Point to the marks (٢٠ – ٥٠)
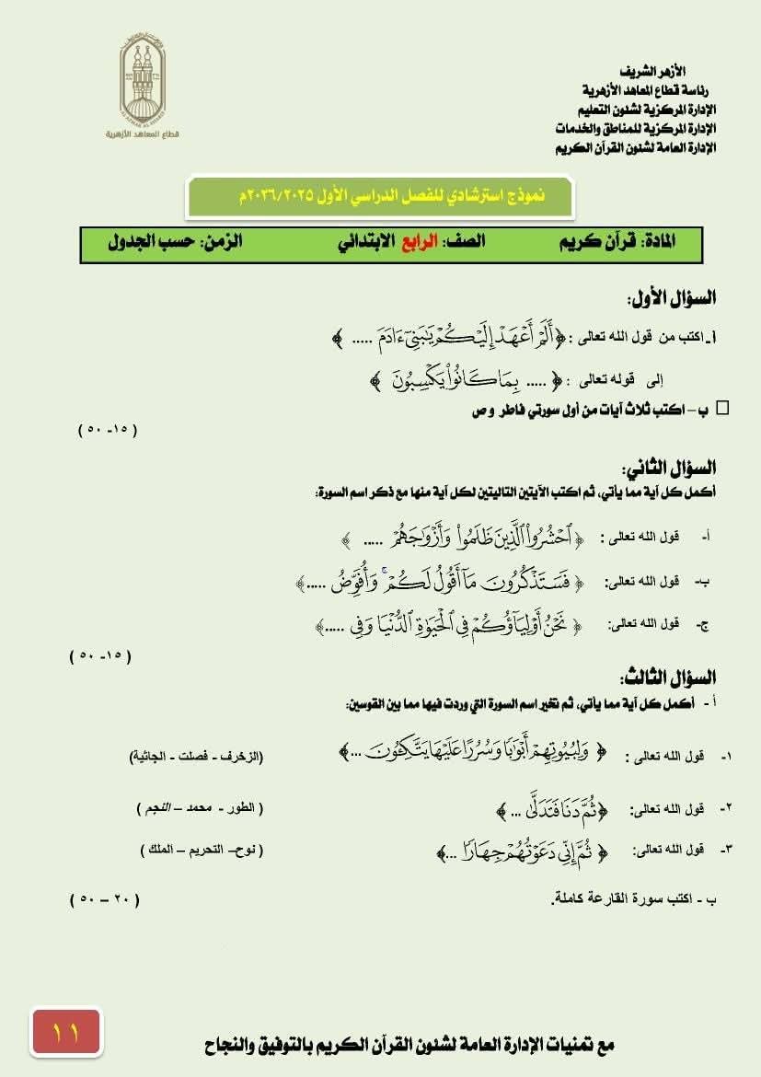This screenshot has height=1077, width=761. [x=104, y=897]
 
